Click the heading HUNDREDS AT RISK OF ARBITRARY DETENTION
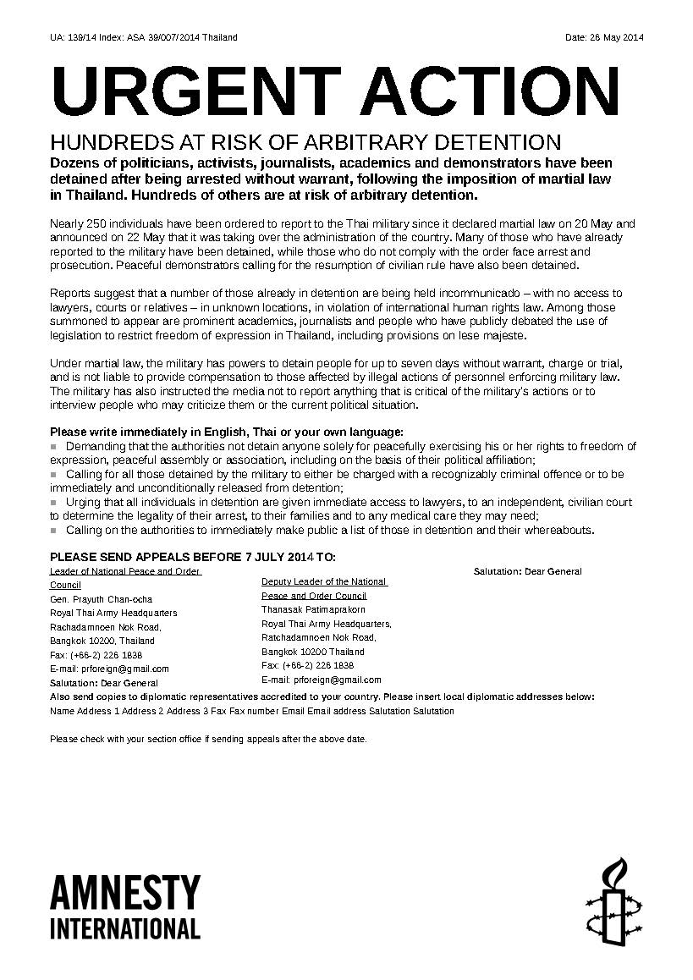[x=305, y=141]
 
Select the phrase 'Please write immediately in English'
[x=140, y=432]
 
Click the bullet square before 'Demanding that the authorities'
[x=54, y=446]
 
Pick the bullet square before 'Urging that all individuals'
[x=54, y=502]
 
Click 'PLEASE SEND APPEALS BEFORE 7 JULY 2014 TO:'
[x=193, y=557]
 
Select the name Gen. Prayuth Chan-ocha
[x=102, y=599]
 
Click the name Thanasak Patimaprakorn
[x=313, y=609]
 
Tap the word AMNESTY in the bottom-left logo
[x=125, y=893]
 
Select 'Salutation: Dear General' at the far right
[x=527, y=571]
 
